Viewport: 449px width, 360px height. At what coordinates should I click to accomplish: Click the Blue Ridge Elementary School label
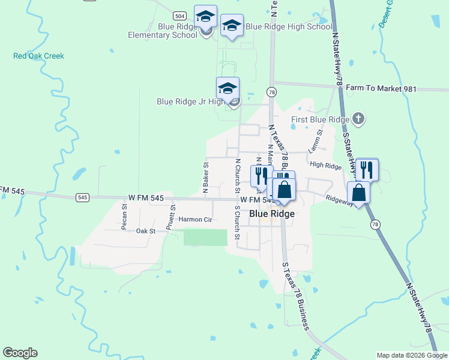(x=162, y=31)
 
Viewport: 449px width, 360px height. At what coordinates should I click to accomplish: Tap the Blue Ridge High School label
(x=289, y=26)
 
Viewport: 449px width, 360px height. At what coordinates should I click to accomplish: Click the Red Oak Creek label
(x=38, y=56)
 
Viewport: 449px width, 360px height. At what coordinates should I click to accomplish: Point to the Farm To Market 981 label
(x=381, y=89)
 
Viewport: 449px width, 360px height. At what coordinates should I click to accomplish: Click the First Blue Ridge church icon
(x=358, y=118)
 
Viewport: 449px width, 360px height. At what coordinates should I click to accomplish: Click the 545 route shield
(x=83, y=197)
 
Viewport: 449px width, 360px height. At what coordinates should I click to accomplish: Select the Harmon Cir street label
(x=196, y=220)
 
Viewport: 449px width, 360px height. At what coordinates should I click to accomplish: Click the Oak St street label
(x=145, y=231)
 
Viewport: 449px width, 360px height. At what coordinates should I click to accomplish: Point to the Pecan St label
(x=125, y=217)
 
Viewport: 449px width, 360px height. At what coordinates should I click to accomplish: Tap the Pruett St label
(x=172, y=214)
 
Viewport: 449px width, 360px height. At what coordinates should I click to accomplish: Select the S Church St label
(x=237, y=222)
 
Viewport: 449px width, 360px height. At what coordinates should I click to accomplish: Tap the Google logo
(x=20, y=353)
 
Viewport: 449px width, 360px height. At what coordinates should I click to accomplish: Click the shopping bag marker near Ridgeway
(x=358, y=193)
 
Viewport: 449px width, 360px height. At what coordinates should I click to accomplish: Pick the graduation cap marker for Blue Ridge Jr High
(x=228, y=89)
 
